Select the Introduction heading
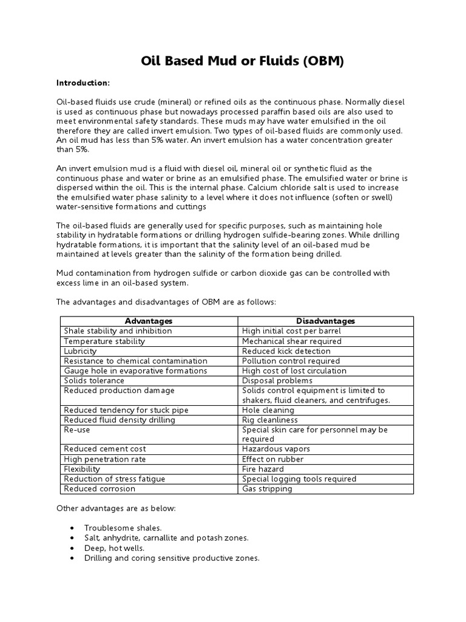tap(84, 83)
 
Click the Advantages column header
tap(149, 321)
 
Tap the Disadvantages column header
tap(325, 321)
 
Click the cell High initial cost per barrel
tap(291, 331)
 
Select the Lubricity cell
tap(81, 351)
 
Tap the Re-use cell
tap(76, 429)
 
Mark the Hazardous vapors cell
tap(276, 449)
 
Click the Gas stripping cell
tap(267, 488)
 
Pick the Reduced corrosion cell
tap(98, 488)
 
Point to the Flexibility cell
tap(83, 469)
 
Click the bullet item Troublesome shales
tap(123, 528)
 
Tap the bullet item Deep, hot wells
tap(115, 548)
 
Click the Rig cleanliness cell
tap(270, 420)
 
